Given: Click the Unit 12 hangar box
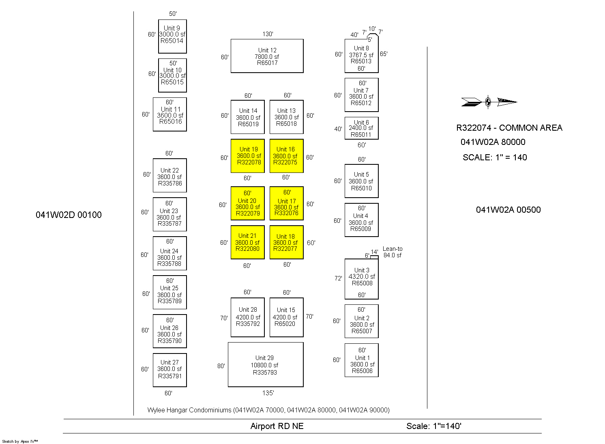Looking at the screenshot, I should (x=267, y=56).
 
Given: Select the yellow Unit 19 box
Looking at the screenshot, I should (x=247, y=156).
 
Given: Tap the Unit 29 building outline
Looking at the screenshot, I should (x=266, y=364).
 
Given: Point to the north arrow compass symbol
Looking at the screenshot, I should (x=488, y=102).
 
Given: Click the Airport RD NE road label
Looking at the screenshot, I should (x=277, y=426).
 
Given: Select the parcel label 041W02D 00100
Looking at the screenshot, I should (x=69, y=215).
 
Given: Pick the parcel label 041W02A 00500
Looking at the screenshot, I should (x=508, y=210).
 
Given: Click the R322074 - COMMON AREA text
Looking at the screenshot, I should (x=509, y=128).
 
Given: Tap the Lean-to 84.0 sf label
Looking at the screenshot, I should (x=393, y=252).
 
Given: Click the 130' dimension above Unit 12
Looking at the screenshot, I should (x=268, y=34).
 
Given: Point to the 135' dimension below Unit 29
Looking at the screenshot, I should (x=268, y=393).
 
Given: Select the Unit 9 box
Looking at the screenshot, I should (x=172, y=36).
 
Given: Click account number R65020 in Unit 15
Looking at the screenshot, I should (x=285, y=324).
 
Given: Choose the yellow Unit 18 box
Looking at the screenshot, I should (x=286, y=242).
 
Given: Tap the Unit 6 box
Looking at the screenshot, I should (x=361, y=128).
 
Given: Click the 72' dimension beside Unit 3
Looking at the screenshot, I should (x=338, y=278).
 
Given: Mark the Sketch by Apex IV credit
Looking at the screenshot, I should (x=20, y=441).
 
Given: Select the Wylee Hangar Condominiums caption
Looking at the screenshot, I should (x=268, y=410).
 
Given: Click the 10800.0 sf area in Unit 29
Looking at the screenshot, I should (x=264, y=365).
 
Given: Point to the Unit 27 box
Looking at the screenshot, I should (x=169, y=370).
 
